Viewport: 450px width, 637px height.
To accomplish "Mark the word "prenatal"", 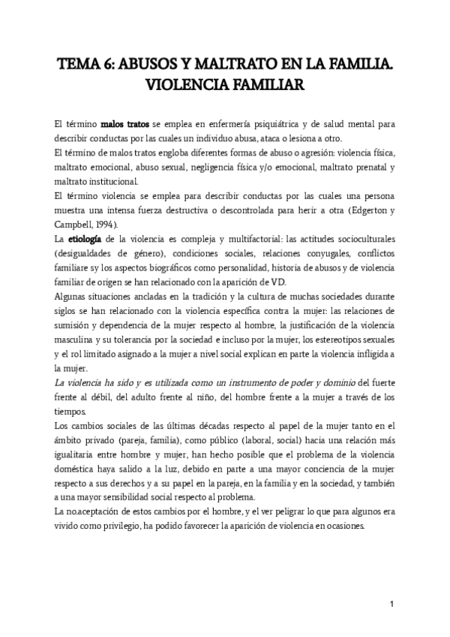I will click(x=372, y=166).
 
